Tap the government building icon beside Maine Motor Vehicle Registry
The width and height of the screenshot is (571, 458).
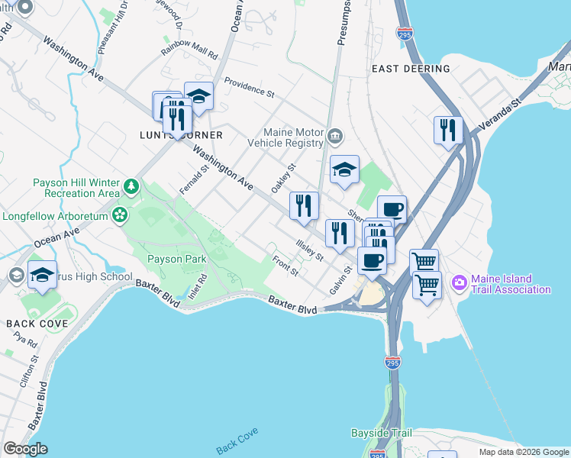click(x=335, y=137)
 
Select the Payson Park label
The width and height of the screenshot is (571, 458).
click(x=176, y=260)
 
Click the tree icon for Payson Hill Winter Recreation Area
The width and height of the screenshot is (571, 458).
click(x=132, y=185)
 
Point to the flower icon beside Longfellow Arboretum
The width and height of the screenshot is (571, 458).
click(x=118, y=215)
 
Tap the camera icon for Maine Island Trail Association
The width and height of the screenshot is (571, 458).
click(x=460, y=282)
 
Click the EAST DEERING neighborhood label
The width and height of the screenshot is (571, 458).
click(x=411, y=69)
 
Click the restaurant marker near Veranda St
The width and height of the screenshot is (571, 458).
click(x=447, y=130)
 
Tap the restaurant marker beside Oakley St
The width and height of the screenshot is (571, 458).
click(x=303, y=205)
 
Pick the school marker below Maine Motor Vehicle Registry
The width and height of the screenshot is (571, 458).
click(x=344, y=171)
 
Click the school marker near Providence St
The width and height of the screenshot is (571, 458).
click(x=198, y=96)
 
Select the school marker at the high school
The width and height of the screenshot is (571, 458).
click(x=43, y=275)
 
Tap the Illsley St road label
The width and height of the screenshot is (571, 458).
click(x=310, y=250)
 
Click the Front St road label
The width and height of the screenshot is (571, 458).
click(x=285, y=265)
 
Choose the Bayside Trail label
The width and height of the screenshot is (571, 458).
click(x=381, y=433)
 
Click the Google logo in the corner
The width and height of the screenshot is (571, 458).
click(x=25, y=449)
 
